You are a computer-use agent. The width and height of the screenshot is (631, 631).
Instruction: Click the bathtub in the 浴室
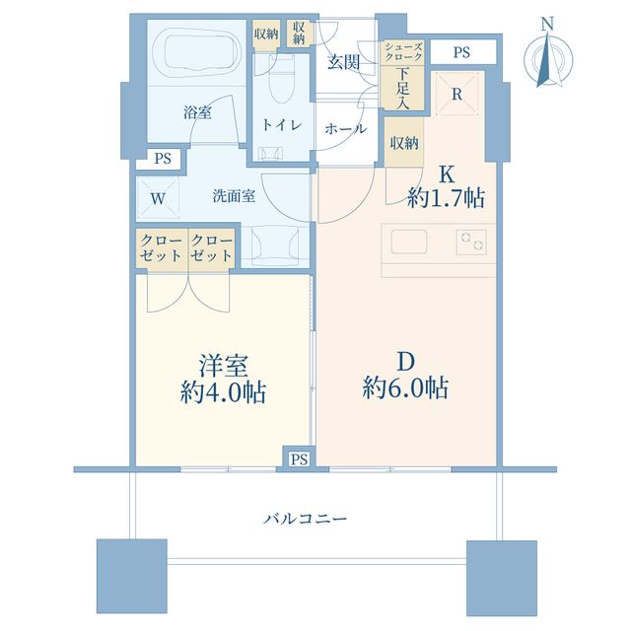197,52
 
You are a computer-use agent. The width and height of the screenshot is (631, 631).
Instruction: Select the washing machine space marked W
158,197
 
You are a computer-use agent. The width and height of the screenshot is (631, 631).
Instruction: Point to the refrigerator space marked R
457,94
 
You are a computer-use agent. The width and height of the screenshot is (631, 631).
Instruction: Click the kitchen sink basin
409,242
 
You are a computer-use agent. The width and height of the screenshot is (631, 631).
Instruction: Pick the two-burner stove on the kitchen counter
471,243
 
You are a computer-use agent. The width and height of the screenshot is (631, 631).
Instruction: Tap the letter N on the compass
547,24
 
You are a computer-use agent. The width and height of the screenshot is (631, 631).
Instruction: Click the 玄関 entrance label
343,62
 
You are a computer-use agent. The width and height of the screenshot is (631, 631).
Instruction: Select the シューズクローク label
403,51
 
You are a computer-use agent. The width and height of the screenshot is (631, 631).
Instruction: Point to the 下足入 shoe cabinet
402,88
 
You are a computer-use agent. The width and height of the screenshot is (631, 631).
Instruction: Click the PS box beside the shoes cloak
462,52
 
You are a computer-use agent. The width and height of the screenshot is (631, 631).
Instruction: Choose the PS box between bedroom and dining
300,458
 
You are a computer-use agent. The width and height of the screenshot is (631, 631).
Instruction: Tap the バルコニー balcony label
305,519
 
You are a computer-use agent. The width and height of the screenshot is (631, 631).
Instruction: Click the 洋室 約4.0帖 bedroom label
223,379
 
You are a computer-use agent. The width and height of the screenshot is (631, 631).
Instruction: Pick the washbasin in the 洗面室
275,245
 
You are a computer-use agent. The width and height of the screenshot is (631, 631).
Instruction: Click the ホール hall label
346,129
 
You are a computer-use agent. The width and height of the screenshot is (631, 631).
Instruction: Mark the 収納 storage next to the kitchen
403,142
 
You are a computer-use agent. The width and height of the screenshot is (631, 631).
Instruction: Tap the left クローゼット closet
162,248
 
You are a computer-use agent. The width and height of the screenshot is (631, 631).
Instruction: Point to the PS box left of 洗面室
162,159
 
